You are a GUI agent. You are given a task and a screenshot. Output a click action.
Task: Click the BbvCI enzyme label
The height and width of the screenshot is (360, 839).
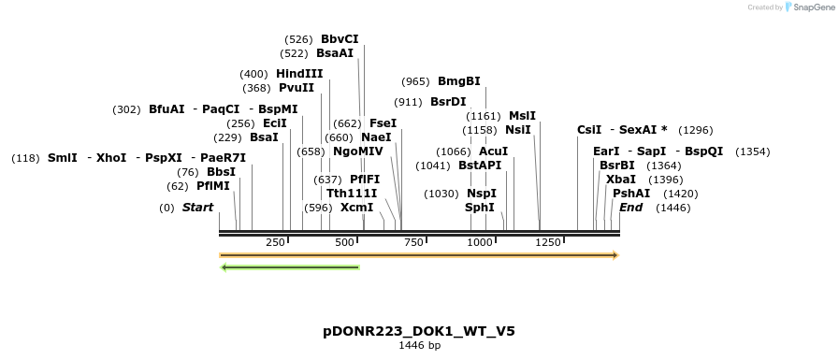340,39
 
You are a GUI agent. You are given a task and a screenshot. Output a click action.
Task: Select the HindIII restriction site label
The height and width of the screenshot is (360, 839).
299,74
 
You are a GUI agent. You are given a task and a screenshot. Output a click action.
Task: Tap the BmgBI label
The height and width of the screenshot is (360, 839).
458,81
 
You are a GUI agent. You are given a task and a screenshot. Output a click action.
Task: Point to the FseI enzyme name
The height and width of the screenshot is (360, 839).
383,122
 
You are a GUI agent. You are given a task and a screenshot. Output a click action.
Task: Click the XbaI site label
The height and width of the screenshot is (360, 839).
620,179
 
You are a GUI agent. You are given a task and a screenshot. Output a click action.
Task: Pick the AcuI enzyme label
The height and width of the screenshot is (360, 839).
493,151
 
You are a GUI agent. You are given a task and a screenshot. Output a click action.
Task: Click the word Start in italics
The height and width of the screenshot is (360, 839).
197,207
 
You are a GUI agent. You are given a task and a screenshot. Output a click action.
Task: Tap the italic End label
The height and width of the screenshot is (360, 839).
630,207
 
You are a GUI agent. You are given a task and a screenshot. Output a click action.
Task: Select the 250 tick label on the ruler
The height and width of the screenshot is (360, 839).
275,242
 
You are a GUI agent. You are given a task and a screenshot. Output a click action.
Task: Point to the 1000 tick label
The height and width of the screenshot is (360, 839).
479,242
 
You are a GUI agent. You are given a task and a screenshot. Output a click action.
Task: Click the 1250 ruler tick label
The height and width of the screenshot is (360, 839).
547,242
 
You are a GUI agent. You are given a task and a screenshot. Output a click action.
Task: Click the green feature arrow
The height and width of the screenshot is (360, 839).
290,267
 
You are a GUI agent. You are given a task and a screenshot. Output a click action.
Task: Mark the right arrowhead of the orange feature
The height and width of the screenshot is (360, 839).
615,254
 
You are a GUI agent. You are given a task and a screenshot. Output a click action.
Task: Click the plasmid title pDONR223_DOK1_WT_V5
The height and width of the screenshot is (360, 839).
419,331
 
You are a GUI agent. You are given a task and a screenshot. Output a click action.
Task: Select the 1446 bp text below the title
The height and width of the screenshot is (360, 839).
419,346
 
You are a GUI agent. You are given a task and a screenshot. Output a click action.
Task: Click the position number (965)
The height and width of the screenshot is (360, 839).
415,81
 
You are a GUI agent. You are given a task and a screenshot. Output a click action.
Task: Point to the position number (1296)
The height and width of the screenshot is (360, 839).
695,130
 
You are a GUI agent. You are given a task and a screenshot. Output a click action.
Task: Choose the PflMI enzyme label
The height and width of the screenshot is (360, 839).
212,186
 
